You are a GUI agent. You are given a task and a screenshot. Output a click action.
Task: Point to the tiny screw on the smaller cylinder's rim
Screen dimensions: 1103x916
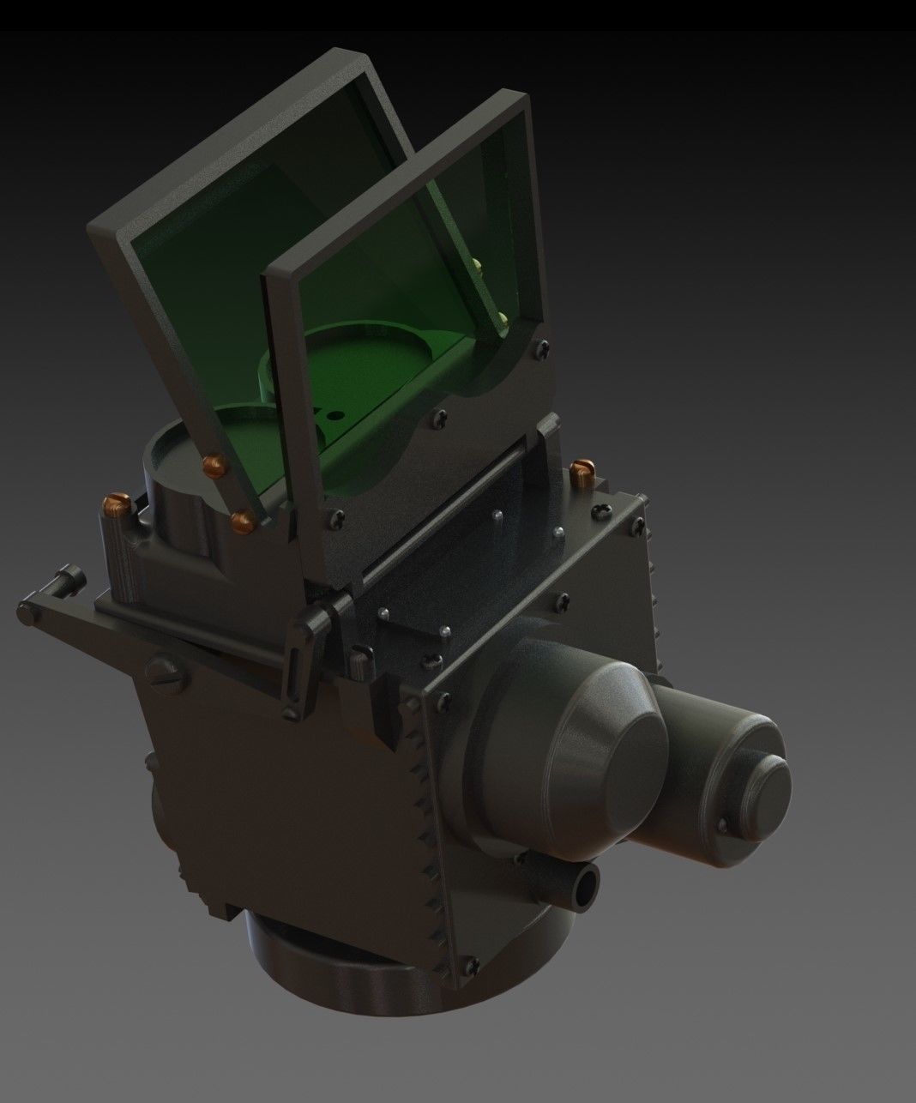pos(722,826)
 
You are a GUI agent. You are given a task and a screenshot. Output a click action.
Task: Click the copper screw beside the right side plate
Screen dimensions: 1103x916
pos(582,469)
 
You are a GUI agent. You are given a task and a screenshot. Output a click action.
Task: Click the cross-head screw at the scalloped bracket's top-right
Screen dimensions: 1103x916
pos(542,347)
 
